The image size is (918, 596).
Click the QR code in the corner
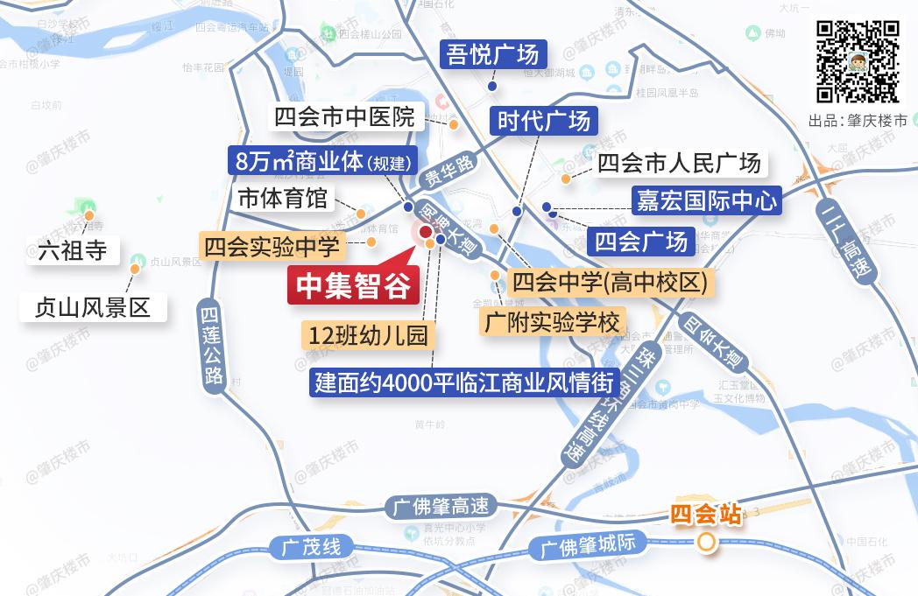pyautogui.click(x=858, y=62)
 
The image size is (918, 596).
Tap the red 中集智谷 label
pyautogui.click(x=354, y=287)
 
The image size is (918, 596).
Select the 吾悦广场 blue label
pyautogui.click(x=492, y=55)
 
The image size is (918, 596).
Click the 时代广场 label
pyautogui.click(x=544, y=120)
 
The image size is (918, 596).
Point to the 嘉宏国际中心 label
pyautogui.click(x=704, y=201)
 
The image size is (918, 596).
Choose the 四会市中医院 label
pyautogui.click(x=344, y=116)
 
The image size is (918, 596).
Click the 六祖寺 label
pyautogui.click(x=73, y=251)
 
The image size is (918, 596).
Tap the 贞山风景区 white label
pyautogui.click(x=93, y=307)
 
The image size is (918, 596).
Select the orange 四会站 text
pyautogui.click(x=706, y=514)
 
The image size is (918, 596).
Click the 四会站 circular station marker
pyautogui.click(x=706, y=544)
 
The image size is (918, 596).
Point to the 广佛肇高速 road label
pyautogui.click(x=441, y=507)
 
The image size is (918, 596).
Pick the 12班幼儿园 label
pyautogui.click(x=368, y=335)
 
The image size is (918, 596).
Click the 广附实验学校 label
pyautogui.click(x=552, y=321)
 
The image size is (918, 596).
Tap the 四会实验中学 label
pyautogui.click(x=272, y=247)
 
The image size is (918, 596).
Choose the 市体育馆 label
pyautogui.click(x=282, y=199)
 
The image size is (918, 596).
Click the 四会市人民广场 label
pyautogui.click(x=678, y=164)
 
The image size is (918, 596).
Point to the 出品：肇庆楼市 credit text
pyautogui.click(x=858, y=121)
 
